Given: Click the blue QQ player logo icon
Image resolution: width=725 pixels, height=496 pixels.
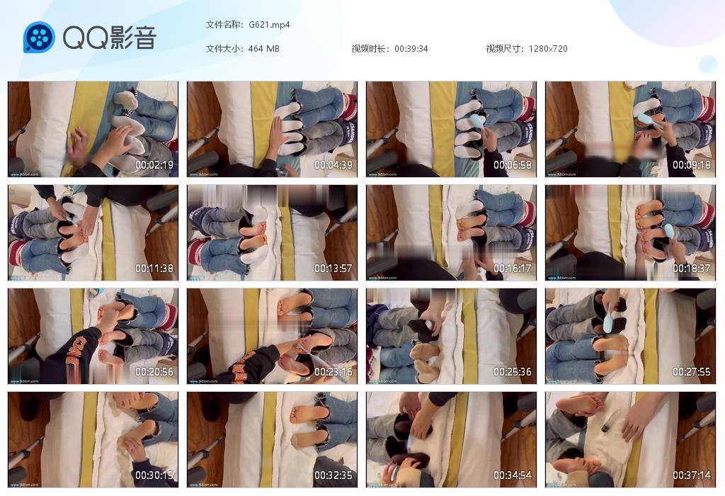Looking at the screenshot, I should tap(39, 38).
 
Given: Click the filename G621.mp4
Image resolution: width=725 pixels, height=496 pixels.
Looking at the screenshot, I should tap(269, 25).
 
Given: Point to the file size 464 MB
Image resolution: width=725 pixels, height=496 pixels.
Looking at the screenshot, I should tap(264, 49).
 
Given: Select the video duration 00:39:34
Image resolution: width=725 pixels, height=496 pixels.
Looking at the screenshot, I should tap(411, 49).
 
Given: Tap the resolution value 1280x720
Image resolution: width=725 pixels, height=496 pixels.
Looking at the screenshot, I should tap(548, 49).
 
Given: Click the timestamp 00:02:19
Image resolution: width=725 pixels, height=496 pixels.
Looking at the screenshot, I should tap(154, 165).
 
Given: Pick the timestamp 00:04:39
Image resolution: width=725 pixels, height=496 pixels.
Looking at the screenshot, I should tap(333, 165).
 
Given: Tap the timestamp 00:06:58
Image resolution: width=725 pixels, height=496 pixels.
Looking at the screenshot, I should tap(513, 165).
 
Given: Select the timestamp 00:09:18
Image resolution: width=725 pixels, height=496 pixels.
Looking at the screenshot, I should tap(692, 165).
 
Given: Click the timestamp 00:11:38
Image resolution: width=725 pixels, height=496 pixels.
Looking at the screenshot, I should tap(154, 269).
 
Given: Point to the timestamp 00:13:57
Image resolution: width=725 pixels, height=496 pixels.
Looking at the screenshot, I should tap(333, 269).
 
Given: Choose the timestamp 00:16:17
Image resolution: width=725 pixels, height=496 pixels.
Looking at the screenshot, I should tap(513, 269).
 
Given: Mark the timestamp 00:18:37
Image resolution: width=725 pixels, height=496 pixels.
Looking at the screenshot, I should tap(692, 269).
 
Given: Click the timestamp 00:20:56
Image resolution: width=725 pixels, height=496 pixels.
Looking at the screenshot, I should tap(154, 372).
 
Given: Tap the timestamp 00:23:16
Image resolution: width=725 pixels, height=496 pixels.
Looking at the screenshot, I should tap(333, 372).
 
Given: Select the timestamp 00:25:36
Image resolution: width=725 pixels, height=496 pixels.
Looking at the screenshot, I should tap(513, 372).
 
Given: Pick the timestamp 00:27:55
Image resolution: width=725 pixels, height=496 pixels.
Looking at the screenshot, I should tap(692, 372).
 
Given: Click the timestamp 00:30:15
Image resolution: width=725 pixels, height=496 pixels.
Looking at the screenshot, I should tap(154, 475).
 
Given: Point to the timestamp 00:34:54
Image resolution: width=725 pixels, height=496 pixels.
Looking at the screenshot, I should tap(513, 475).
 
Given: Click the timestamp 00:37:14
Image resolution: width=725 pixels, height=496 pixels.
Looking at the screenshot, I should tap(692, 475).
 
